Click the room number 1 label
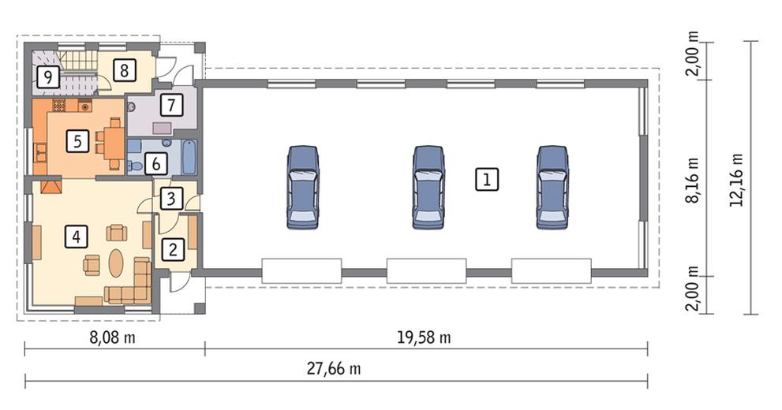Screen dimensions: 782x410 coord(486,179)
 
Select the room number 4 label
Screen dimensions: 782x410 coord(77,237)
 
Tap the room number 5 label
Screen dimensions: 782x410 coord(77,141)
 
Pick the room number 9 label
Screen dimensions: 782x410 coord(48,78)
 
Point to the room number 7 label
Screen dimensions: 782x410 coord(171,105)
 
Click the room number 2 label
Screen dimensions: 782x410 coord(173,248)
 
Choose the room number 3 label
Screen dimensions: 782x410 coord(171,199)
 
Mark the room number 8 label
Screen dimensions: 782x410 coord(124,70)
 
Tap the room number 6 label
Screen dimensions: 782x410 coord(156,164)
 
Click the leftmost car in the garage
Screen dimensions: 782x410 coord(303,188)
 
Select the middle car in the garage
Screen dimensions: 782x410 coord(428,188)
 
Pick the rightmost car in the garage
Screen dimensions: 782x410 coord(552,188)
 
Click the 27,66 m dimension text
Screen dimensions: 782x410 coord(334,369)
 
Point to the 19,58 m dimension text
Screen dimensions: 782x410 coord(424,337)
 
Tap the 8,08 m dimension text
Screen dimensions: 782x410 coord(112,337)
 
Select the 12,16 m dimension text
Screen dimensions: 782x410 coord(736,179)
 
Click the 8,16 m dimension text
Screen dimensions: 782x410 coord(692,180)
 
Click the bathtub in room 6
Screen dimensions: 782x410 coord(189,158)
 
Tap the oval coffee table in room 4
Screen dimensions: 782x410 coord(116,263)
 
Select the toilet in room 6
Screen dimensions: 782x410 coord(133,166)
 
